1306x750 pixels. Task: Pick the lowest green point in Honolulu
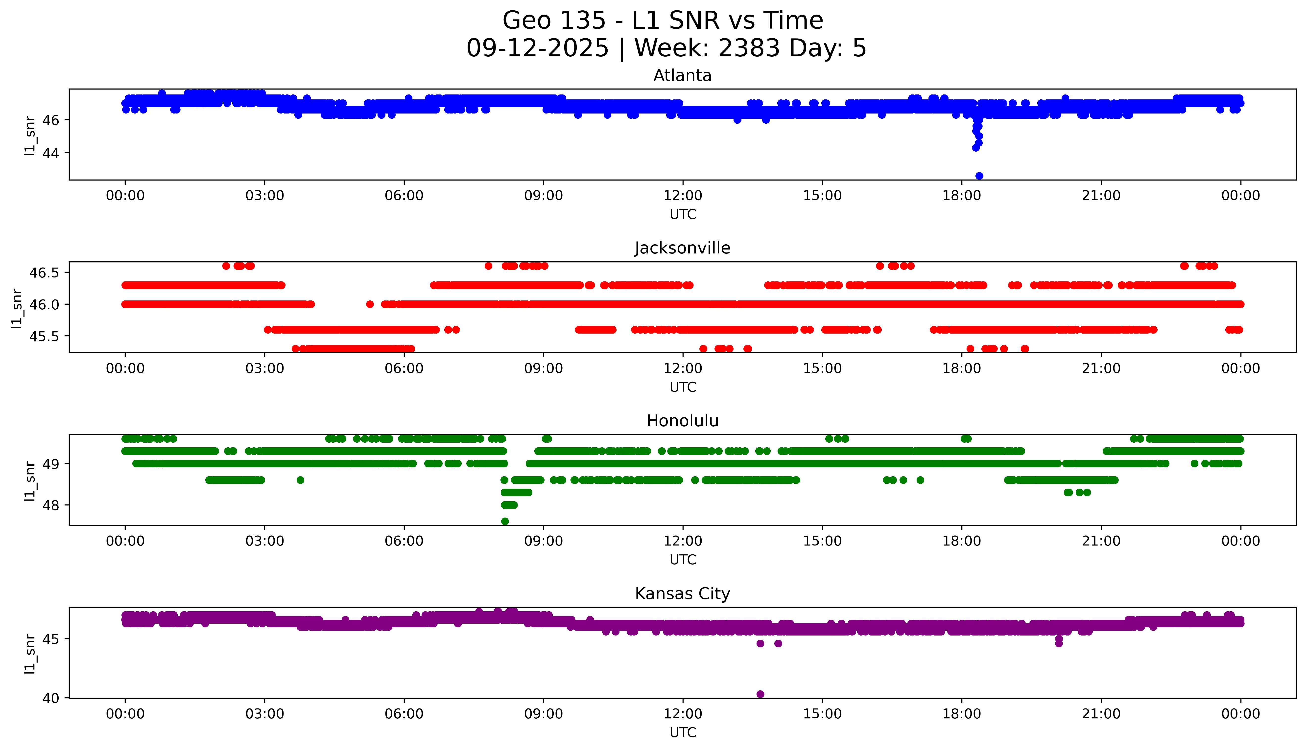coord(505,521)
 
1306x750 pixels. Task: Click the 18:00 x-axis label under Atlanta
coord(961,196)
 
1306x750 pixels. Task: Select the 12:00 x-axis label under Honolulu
coord(683,541)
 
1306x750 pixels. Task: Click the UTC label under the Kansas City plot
coord(683,732)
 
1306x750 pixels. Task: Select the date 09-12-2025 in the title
coord(537,48)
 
